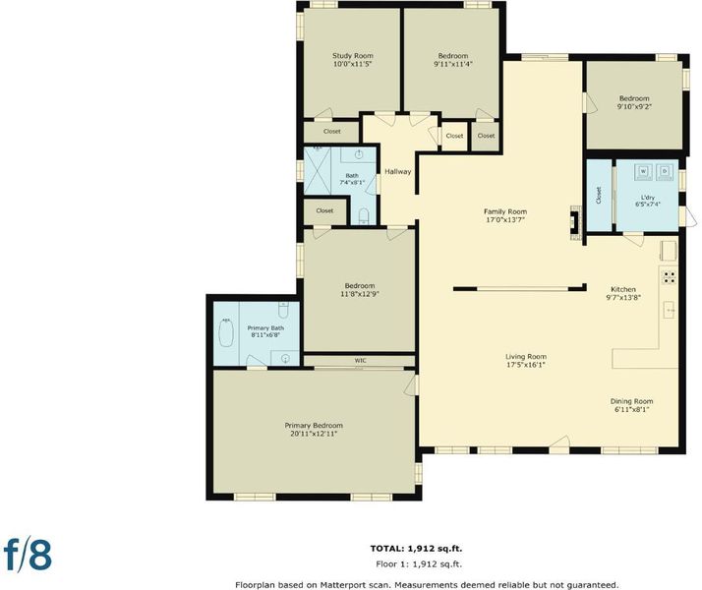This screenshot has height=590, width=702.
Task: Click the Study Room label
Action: point(353,56)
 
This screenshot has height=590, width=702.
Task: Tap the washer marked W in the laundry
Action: point(643,172)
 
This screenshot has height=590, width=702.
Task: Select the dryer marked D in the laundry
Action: point(665,172)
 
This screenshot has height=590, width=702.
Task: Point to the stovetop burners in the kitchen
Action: point(670,277)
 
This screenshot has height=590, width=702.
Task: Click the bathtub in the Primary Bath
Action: point(226,332)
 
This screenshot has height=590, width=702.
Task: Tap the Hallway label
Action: point(398,171)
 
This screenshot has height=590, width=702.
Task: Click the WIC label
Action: point(361,360)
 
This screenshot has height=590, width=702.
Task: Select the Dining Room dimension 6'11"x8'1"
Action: point(632,410)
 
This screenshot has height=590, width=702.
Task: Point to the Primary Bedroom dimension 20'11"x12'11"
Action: point(314,434)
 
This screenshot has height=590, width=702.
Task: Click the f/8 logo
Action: point(28,555)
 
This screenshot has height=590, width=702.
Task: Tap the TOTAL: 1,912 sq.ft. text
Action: point(416,549)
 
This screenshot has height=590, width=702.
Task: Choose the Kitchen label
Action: point(623,289)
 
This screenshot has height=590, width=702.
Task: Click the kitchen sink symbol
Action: point(669,310)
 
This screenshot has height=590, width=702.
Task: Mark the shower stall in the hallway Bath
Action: point(318,170)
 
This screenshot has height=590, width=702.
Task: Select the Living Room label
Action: point(526,357)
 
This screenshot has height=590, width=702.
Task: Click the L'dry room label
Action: point(648,197)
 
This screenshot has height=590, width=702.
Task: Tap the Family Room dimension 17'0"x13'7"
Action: point(505,220)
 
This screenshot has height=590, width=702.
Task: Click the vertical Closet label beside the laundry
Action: point(599,195)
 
